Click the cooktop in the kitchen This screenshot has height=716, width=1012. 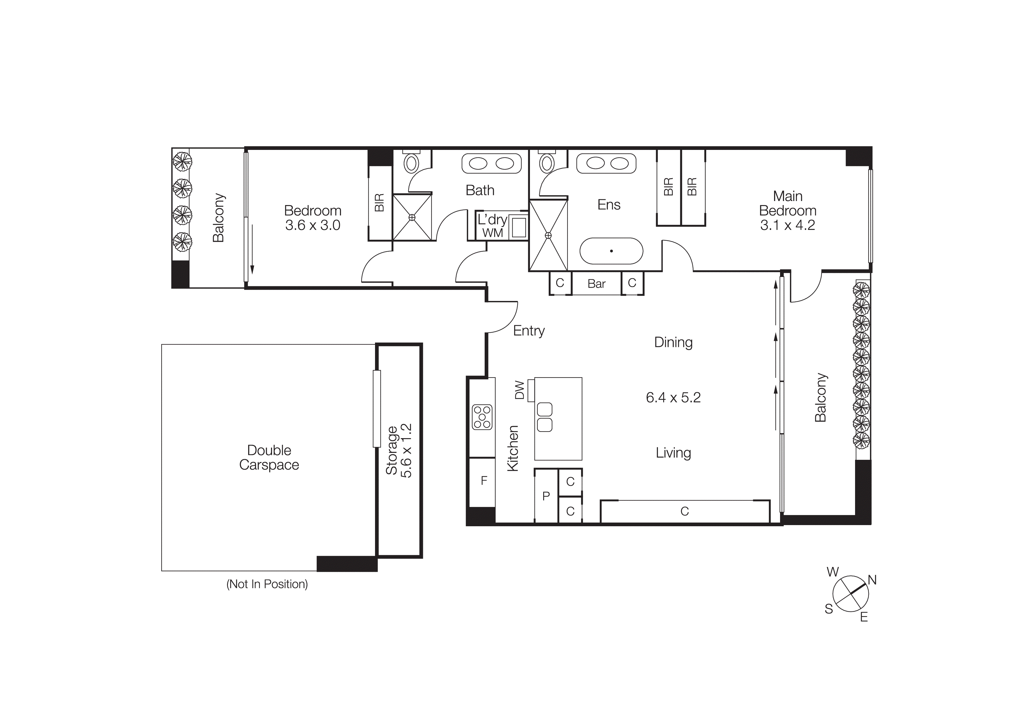pyautogui.click(x=482, y=417)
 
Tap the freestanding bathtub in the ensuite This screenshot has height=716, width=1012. pyautogui.click(x=611, y=251)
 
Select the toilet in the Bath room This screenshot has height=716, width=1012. pyautogui.click(x=412, y=163)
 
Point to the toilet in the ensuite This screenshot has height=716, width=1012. pyautogui.click(x=547, y=163)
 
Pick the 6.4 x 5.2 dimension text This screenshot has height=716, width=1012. pyautogui.click(x=673, y=397)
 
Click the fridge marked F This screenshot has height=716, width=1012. pyautogui.click(x=483, y=481)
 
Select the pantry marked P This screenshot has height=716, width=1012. pyautogui.click(x=546, y=496)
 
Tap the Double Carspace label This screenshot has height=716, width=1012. pyautogui.click(x=269, y=458)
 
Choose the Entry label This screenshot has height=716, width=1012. pyautogui.click(x=529, y=331)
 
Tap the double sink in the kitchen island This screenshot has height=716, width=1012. pyautogui.click(x=545, y=417)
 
